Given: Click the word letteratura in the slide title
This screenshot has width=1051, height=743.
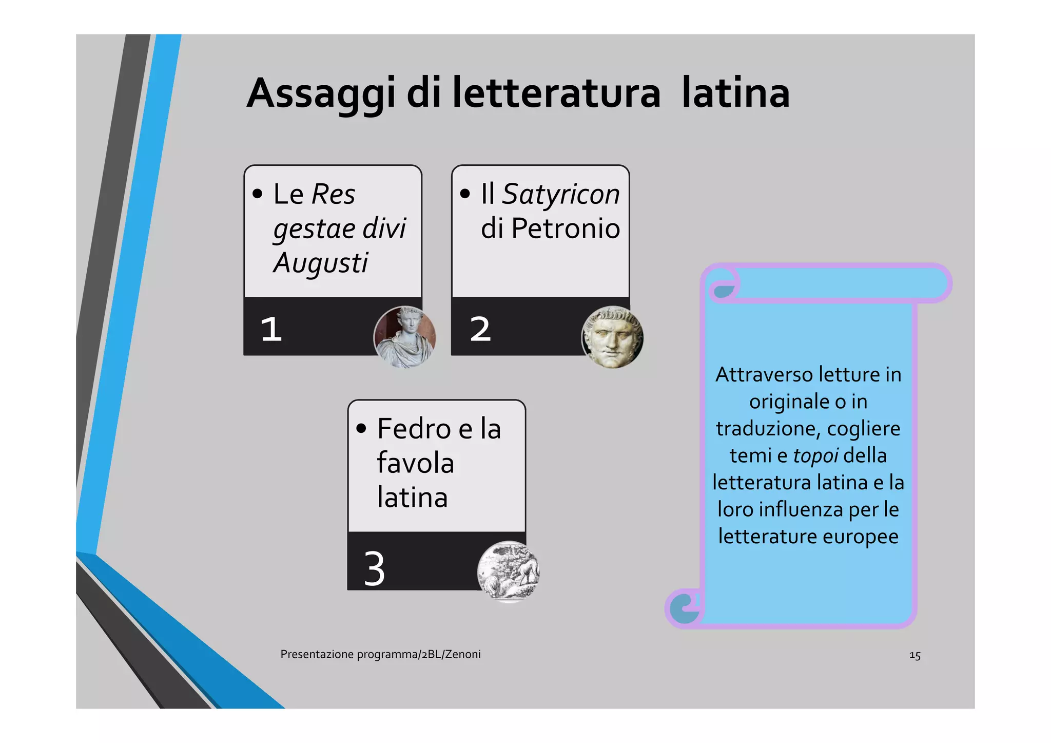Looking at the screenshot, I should (556, 93).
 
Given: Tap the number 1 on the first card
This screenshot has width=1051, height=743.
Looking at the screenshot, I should (271, 329).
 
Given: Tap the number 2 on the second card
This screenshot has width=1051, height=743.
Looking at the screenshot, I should (480, 329).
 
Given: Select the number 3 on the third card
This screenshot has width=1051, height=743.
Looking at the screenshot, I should (374, 568).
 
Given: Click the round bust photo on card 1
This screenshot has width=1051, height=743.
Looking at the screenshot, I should (404, 337).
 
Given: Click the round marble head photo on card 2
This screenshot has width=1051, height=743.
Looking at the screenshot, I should (612, 337).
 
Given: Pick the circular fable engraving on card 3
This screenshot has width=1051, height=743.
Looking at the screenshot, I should (508, 571).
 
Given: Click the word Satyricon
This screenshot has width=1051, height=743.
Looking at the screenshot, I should (560, 194).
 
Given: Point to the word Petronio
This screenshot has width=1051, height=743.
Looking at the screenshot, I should (566, 228).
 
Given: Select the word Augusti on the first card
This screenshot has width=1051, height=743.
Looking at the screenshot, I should (320, 263).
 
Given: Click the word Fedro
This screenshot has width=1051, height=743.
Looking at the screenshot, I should (414, 429).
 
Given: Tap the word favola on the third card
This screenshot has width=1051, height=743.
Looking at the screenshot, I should (415, 463).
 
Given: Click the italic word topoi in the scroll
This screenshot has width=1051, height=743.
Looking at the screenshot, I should (815, 455).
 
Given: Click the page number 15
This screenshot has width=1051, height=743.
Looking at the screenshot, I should (914, 656).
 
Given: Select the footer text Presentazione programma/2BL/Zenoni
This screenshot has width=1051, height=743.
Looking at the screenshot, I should (380, 654).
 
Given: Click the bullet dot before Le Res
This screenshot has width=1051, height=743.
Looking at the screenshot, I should (258, 194).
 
